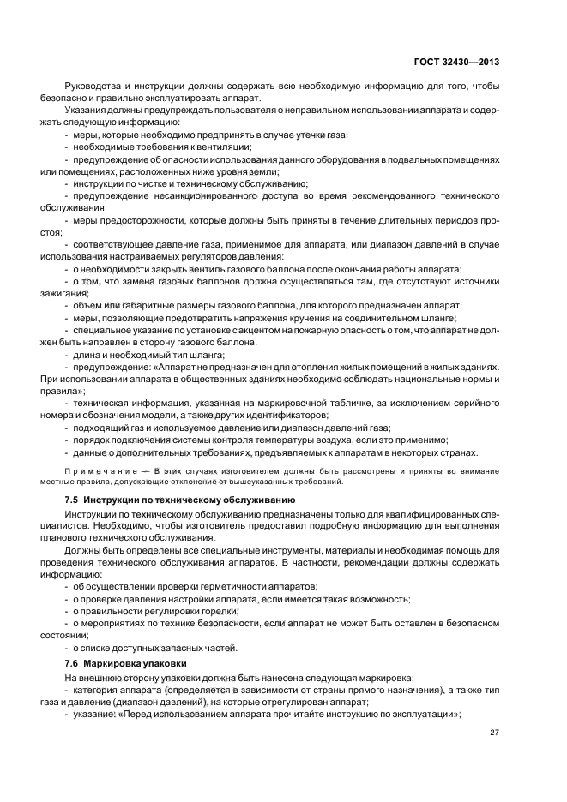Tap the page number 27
tap(494, 733)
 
